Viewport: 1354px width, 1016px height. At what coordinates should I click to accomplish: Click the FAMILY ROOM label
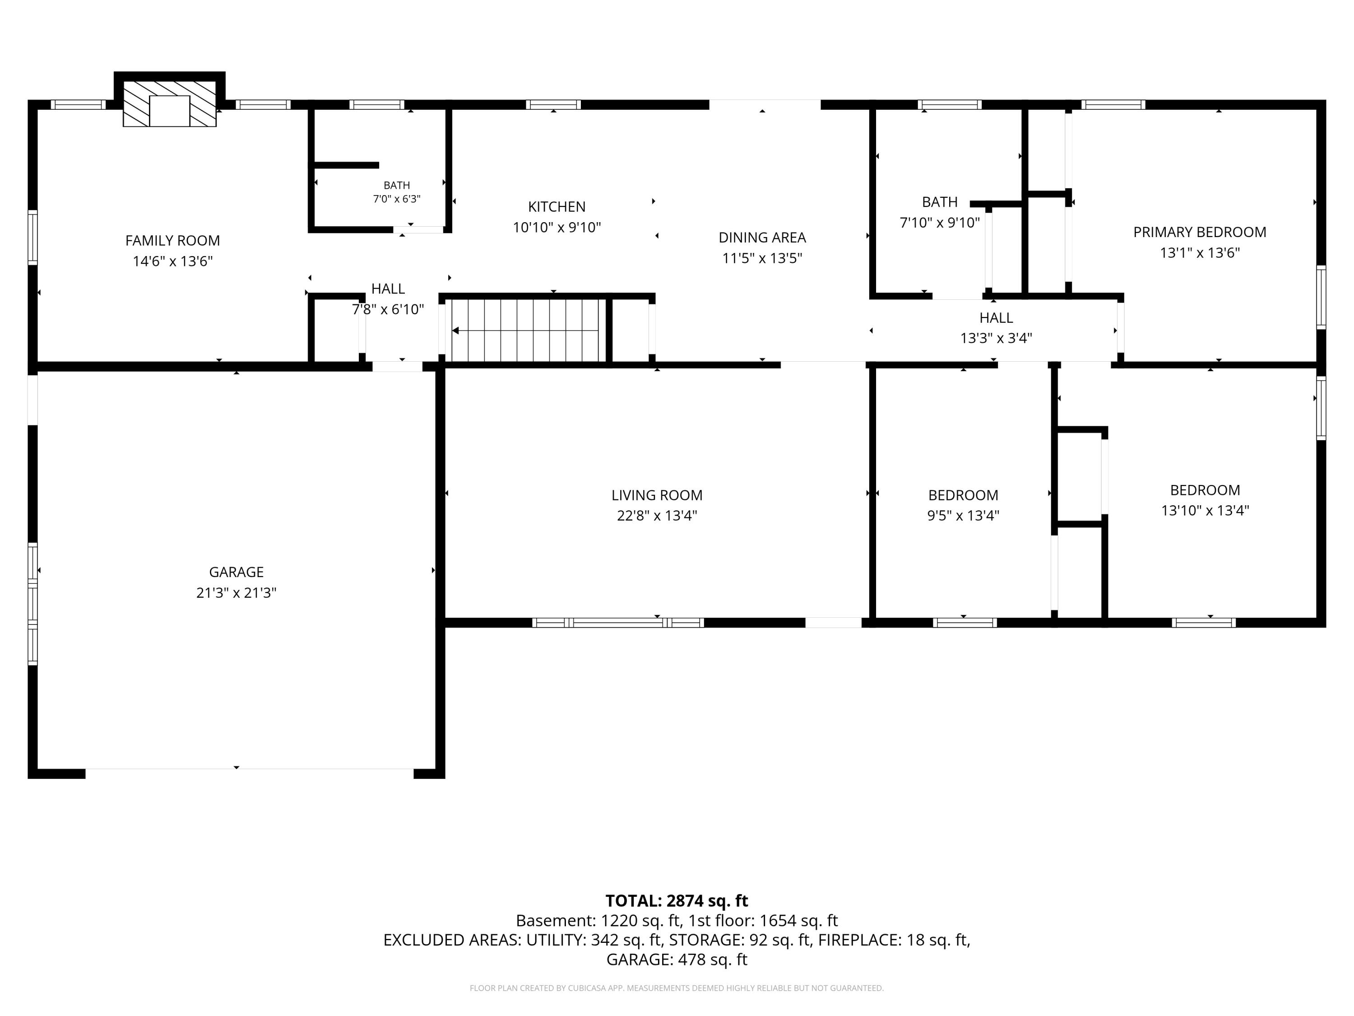point(172,241)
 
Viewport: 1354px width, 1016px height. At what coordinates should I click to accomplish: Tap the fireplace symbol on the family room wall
point(170,103)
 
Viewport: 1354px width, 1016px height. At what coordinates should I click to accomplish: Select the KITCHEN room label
point(557,207)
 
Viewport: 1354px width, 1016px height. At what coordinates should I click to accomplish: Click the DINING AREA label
point(762,238)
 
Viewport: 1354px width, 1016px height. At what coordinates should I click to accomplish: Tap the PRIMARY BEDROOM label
point(1200,233)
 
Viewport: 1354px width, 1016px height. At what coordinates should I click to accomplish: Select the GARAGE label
point(236,572)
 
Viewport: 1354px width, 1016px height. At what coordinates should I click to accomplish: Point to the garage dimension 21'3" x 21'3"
point(236,593)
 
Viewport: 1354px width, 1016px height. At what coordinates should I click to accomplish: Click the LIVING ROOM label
point(657,495)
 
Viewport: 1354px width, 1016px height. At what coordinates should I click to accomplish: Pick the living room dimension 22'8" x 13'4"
point(657,516)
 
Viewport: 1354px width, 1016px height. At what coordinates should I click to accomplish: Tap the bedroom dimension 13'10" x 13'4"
point(1205,511)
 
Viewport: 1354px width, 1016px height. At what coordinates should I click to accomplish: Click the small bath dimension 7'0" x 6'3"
point(397,199)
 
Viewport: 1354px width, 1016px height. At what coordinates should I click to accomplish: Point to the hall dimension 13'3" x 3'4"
point(996,338)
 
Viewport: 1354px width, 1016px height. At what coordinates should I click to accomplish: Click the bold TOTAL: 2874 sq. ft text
point(677,901)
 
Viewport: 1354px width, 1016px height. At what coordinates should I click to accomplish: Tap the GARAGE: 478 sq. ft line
point(677,960)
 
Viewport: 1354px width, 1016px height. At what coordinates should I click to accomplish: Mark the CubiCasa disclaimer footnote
point(677,988)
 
